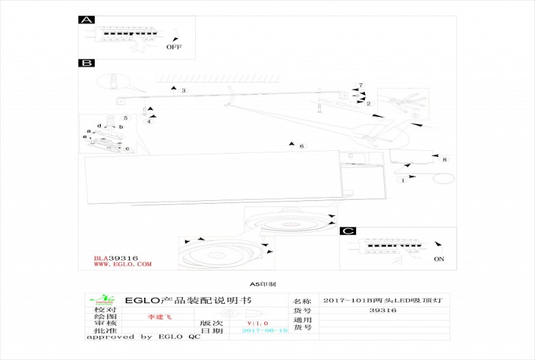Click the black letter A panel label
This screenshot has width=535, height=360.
pos(86,20)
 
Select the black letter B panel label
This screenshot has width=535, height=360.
pos(86,63)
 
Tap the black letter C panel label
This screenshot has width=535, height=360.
pos(347,231)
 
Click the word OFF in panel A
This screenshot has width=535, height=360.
pos(174,47)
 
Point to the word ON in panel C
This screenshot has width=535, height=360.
pos(439,259)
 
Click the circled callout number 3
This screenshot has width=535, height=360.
pos(184,90)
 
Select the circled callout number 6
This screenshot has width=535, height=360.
pos(301,146)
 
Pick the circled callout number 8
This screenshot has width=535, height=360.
pos(444,160)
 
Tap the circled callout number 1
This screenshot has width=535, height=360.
pos(404,181)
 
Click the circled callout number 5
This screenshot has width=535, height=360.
pos(125,118)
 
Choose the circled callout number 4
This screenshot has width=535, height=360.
pos(149,122)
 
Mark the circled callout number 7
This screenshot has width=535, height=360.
pos(361,85)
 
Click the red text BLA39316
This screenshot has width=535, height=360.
pos(116,258)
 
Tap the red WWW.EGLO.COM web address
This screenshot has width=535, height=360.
pos(123,265)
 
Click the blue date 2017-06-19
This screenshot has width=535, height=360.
pos(265,330)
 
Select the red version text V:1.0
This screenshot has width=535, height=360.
pos(258,323)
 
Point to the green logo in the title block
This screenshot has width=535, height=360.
pos(104,299)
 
